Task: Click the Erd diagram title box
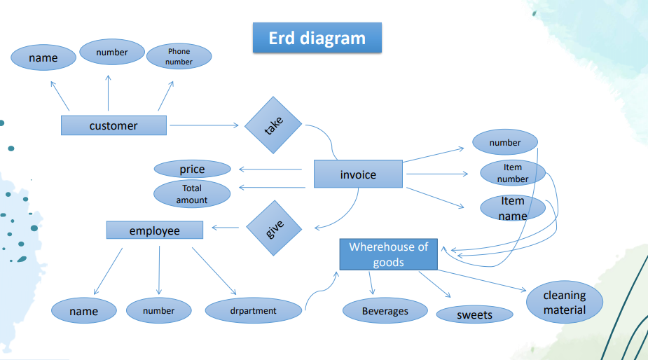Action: tap(317, 38)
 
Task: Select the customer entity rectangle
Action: tap(113, 125)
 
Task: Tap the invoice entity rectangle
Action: tap(358, 174)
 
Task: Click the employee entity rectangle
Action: tap(154, 230)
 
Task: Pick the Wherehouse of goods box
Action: tap(388, 254)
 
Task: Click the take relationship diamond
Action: tap(273, 125)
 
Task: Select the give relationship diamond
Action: tap(274, 228)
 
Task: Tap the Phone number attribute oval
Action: tap(179, 56)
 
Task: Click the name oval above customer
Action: tap(43, 57)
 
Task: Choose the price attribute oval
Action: tap(192, 169)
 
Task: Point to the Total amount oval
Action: tap(192, 194)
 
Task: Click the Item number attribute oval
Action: tap(513, 173)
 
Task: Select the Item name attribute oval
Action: tap(513, 208)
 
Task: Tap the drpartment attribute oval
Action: tap(254, 310)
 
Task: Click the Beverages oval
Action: tap(385, 311)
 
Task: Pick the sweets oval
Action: tap(474, 314)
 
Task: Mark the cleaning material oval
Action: tap(565, 303)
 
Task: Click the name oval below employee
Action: tap(84, 311)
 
